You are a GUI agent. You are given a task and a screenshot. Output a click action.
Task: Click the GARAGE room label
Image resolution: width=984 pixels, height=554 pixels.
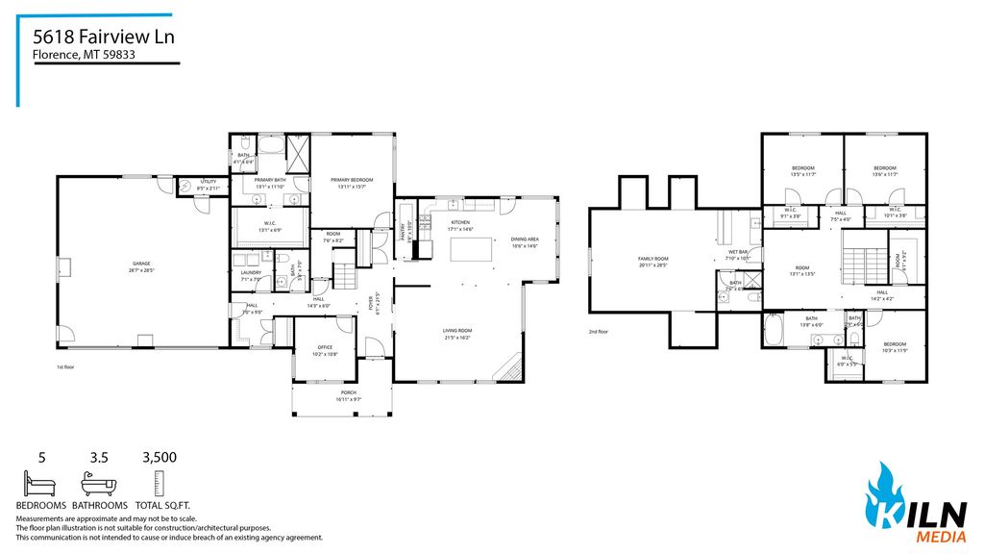pos(141,264)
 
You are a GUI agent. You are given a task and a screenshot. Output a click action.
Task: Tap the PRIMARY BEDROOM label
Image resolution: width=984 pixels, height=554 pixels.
pos(352,181)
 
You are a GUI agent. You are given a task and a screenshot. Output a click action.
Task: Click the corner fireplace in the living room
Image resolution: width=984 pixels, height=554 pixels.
pos(509,365)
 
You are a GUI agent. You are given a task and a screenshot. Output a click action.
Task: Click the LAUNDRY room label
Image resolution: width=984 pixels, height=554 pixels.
pos(251,273)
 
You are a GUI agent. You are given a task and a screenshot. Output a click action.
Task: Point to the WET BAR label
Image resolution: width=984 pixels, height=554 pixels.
pos(738,253)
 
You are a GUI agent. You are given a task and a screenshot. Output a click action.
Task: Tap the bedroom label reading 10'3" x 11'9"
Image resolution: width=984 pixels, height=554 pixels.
pos(894,344)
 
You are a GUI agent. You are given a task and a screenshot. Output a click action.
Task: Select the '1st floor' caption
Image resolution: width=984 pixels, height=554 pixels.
pos(67,367)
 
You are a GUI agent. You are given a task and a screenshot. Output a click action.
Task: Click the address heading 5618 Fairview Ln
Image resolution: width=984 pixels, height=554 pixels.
pos(104,37)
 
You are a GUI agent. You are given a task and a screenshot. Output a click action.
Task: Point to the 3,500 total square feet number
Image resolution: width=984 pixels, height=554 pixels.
pos(159,458)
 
